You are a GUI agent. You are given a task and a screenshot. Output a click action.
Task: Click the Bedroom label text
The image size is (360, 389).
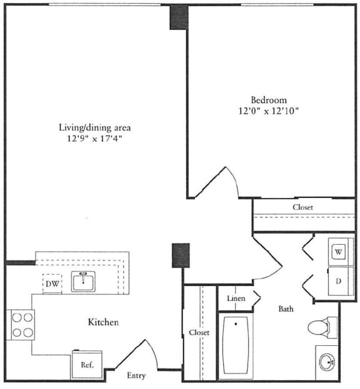269,100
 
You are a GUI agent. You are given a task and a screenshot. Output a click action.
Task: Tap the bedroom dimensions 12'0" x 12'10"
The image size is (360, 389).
269,112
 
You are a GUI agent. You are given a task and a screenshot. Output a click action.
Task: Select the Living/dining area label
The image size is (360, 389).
95,127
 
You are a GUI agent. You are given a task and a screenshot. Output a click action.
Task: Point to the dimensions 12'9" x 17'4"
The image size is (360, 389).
95,139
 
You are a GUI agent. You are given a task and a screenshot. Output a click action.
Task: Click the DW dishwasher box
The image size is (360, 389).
52,284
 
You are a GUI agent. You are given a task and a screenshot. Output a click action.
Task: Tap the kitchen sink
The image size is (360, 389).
82,282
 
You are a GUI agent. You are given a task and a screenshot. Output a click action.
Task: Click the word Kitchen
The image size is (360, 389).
103,322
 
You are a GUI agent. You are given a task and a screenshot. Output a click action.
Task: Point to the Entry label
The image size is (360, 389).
136,375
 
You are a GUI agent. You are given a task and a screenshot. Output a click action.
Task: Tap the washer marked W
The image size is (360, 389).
340,252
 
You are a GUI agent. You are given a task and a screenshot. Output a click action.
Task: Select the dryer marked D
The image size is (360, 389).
339,281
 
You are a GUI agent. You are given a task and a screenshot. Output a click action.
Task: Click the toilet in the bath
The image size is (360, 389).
322,327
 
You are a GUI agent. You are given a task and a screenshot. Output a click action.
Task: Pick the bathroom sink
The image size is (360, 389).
326,362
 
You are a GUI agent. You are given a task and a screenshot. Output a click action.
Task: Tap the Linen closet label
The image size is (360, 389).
235,299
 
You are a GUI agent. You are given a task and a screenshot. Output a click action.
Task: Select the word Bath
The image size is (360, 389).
286,308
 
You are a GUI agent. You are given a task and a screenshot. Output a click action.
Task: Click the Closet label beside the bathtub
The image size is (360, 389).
199,333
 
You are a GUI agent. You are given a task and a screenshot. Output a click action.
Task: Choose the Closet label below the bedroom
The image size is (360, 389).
303,207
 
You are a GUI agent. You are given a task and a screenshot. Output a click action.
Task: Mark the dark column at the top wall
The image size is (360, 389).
178,17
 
